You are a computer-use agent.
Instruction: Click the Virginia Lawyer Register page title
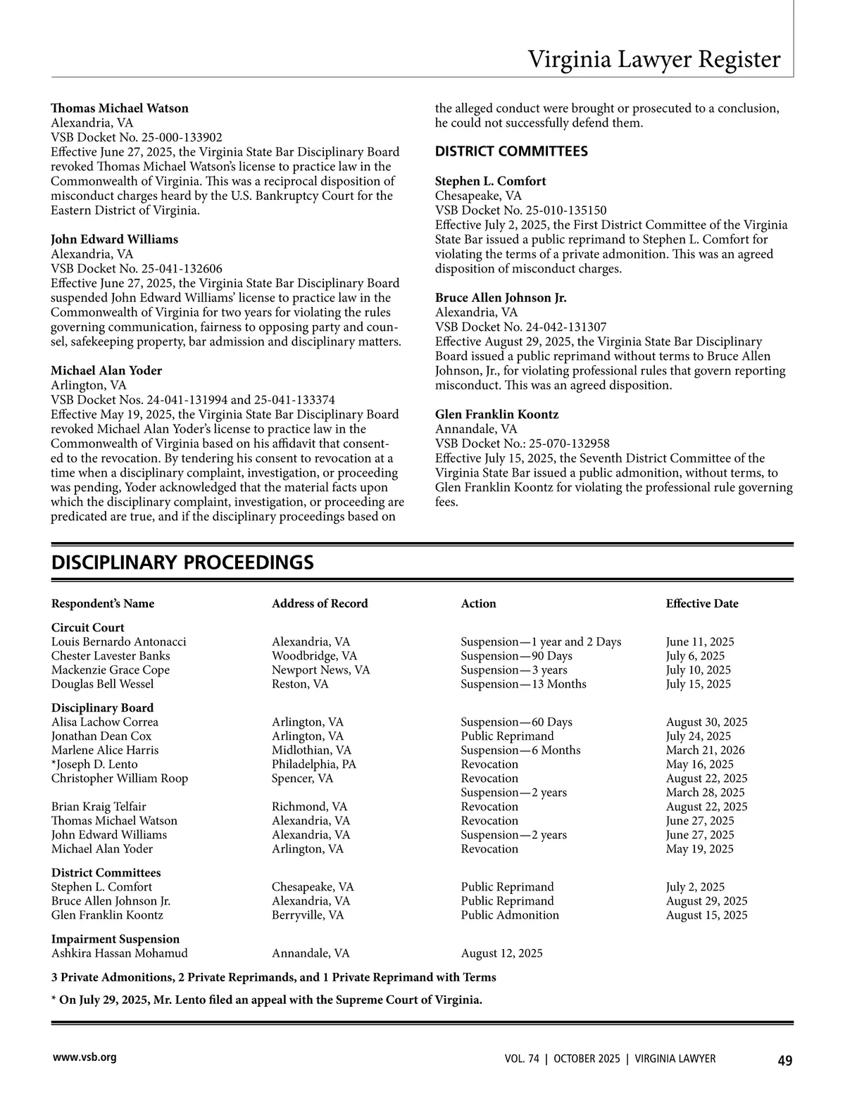654,59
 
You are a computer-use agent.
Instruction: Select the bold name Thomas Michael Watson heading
120,108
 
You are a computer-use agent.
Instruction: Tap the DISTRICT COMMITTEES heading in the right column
511,151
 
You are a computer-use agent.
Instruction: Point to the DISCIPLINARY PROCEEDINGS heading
182,562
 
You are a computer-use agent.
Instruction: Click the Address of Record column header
320,603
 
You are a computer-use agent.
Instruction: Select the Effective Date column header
702,603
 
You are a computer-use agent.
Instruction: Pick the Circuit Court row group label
87,627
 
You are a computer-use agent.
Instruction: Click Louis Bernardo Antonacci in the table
119,641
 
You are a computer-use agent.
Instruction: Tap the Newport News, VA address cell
320,669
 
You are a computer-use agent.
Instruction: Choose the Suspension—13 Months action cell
523,684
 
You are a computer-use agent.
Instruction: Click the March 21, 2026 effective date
705,750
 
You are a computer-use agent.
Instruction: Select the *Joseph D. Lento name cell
94,764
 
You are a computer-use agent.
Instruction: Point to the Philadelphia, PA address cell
314,764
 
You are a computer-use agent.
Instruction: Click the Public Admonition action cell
510,914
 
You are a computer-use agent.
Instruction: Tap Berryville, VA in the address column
308,914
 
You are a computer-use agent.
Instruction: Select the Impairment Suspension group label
115,938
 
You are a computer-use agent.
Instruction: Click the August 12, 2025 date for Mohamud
501,953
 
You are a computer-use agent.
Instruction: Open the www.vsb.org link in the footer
84,1057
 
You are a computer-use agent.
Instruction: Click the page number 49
784,1060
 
